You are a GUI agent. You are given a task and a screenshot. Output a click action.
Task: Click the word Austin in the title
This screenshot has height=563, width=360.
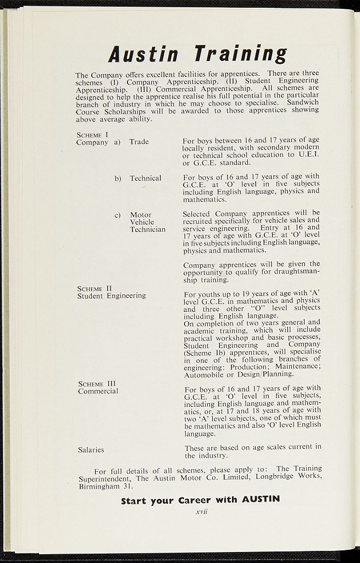click(x=143, y=54)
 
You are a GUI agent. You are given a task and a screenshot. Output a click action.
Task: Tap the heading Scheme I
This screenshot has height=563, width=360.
click(x=92, y=134)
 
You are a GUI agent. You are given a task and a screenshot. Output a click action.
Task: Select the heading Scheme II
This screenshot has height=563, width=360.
click(x=95, y=288)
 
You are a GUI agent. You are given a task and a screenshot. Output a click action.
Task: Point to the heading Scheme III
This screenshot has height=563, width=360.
click(x=97, y=384)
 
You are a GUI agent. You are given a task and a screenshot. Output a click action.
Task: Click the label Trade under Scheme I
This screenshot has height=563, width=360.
click(x=139, y=142)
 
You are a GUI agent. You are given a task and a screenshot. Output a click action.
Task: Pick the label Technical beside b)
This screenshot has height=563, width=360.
click(x=146, y=178)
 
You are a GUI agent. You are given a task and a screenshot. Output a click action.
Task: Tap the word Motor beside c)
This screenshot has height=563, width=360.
click(x=141, y=215)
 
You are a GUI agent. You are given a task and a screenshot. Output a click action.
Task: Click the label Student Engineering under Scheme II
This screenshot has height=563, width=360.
click(x=112, y=295)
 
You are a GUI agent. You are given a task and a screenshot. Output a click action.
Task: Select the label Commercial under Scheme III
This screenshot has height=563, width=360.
click(x=98, y=391)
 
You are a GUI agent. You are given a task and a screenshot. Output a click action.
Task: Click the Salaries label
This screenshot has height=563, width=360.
click(x=91, y=450)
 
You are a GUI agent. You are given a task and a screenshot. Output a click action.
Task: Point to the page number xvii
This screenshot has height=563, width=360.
click(x=201, y=512)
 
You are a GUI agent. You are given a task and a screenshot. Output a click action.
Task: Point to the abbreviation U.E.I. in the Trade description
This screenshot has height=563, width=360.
click(x=309, y=155)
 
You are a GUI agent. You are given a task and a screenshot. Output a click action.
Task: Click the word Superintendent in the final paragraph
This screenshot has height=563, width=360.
click(x=104, y=478)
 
